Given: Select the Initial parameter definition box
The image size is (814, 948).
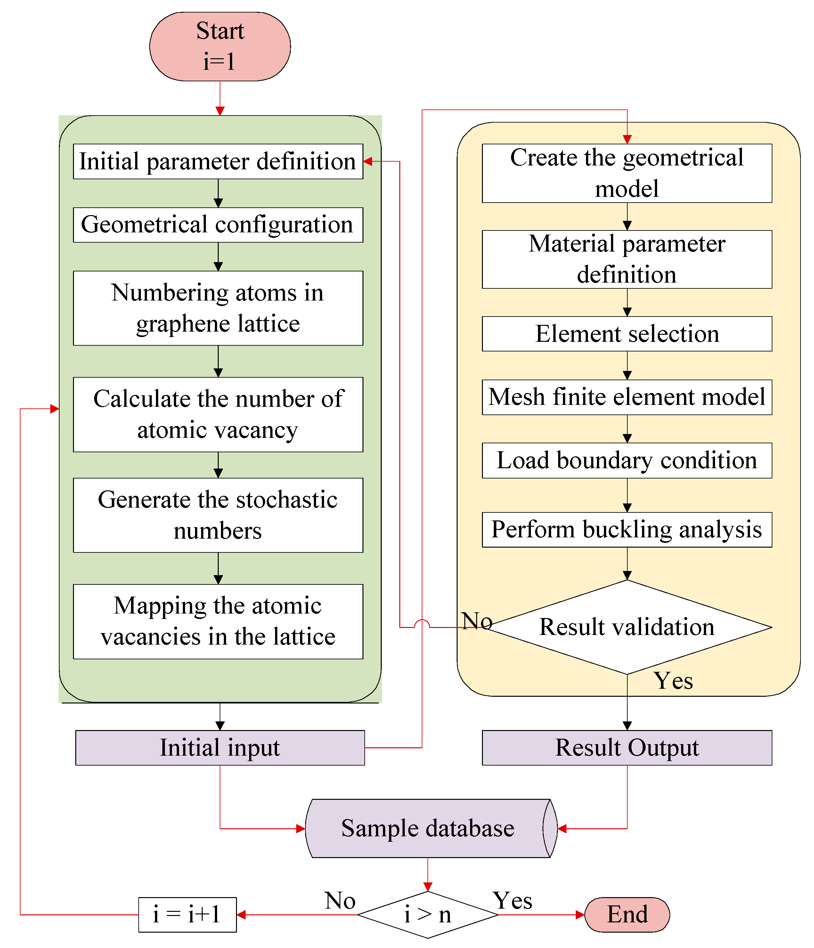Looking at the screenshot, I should coord(218,162).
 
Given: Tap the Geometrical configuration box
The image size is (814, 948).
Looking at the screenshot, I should coord(218,225).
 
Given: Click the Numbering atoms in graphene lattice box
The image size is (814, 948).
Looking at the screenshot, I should coord(218,308).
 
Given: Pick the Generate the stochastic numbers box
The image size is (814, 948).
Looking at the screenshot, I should coord(218,515).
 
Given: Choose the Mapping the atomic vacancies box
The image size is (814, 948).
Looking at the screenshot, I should coord(218,621).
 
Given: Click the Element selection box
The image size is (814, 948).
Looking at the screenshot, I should coord(627,333).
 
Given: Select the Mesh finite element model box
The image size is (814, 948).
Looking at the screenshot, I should coord(627,397).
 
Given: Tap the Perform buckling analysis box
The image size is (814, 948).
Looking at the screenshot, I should coord(627,530).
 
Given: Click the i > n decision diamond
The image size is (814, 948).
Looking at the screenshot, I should coord(427,915).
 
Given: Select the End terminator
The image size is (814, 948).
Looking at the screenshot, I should coord(627,915).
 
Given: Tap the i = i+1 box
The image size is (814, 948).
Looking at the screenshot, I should coord(187,915).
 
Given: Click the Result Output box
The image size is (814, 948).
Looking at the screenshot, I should coord(627,748).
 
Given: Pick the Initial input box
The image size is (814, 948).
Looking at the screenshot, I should coord(220,748).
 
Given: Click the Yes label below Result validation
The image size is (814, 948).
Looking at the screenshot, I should coord(672,681).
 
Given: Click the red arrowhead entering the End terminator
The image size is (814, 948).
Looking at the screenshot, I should coord(580,915).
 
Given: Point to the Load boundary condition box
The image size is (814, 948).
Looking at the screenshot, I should coord(627,460).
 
